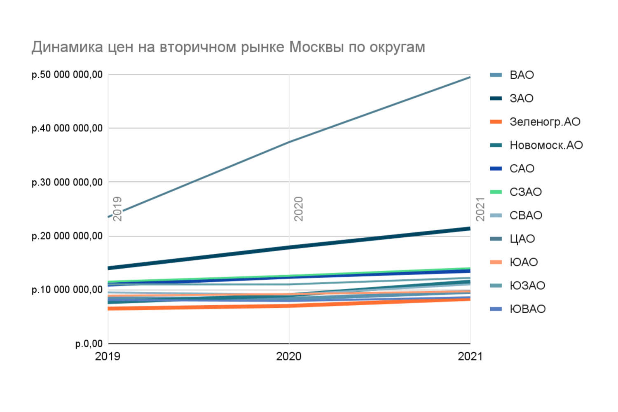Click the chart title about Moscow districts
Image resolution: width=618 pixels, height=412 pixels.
coord(228,47)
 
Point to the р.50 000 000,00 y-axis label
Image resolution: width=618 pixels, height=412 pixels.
coord(67,75)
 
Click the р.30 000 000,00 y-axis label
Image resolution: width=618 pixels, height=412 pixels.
coord(67,182)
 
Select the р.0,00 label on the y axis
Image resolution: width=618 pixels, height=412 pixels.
coord(89,344)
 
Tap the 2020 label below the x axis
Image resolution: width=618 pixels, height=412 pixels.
coord(289,356)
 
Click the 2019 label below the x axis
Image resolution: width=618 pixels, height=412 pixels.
coord(108,356)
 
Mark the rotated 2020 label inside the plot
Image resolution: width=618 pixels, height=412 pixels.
coord(299,208)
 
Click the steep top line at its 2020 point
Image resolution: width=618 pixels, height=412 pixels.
coord(289,142)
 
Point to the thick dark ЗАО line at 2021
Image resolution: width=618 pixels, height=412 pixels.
coord(469,229)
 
